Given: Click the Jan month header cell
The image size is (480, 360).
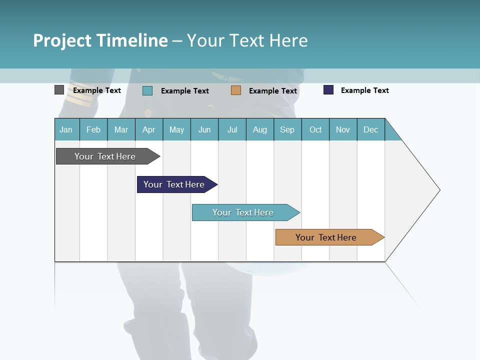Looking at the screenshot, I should pyautogui.click(x=66, y=129).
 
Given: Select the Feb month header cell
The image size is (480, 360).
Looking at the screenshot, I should pyautogui.click(x=93, y=129).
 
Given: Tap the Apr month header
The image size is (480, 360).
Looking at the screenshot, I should pyautogui.click(x=148, y=129).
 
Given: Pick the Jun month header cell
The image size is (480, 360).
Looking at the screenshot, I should pyautogui.click(x=204, y=129).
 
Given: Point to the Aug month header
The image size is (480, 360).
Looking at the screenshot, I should pyautogui.click(x=259, y=129).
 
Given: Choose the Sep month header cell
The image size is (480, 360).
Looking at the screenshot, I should pyautogui.click(x=287, y=129).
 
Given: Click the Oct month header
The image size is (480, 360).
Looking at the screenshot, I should pyautogui.click(x=315, y=129).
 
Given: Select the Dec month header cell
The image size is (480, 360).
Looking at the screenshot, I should pyautogui.click(x=370, y=129).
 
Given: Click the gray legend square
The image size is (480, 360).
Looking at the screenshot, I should pyautogui.click(x=59, y=90).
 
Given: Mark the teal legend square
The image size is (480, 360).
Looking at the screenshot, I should pyautogui.click(x=147, y=90).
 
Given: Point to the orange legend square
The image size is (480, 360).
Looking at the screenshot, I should pyautogui.click(x=236, y=90).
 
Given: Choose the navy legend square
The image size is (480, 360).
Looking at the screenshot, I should pyautogui.click(x=328, y=90).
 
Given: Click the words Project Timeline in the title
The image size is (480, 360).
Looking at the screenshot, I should pyautogui.click(x=100, y=40).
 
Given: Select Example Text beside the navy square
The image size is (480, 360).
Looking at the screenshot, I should pyautogui.click(x=364, y=90).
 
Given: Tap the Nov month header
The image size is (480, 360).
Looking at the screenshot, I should pyautogui.click(x=343, y=129).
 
